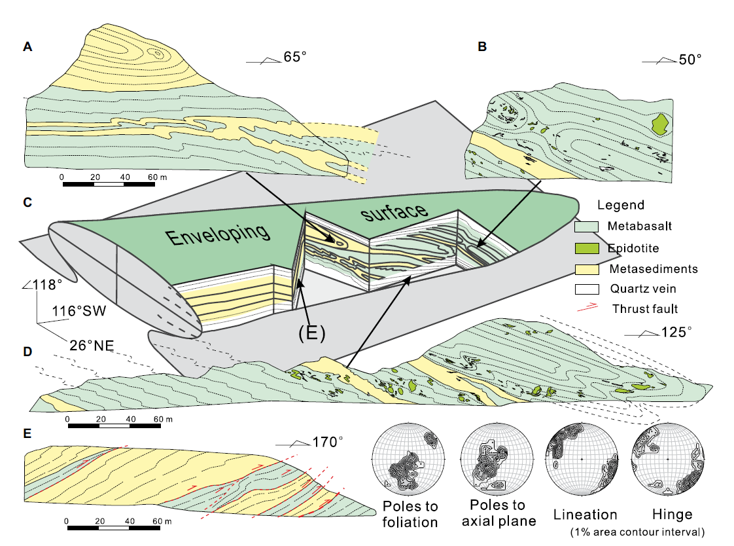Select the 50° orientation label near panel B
tap(689, 60)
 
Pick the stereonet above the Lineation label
tap(580, 461)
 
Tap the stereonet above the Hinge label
tap(667, 461)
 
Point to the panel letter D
tap(27, 352)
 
